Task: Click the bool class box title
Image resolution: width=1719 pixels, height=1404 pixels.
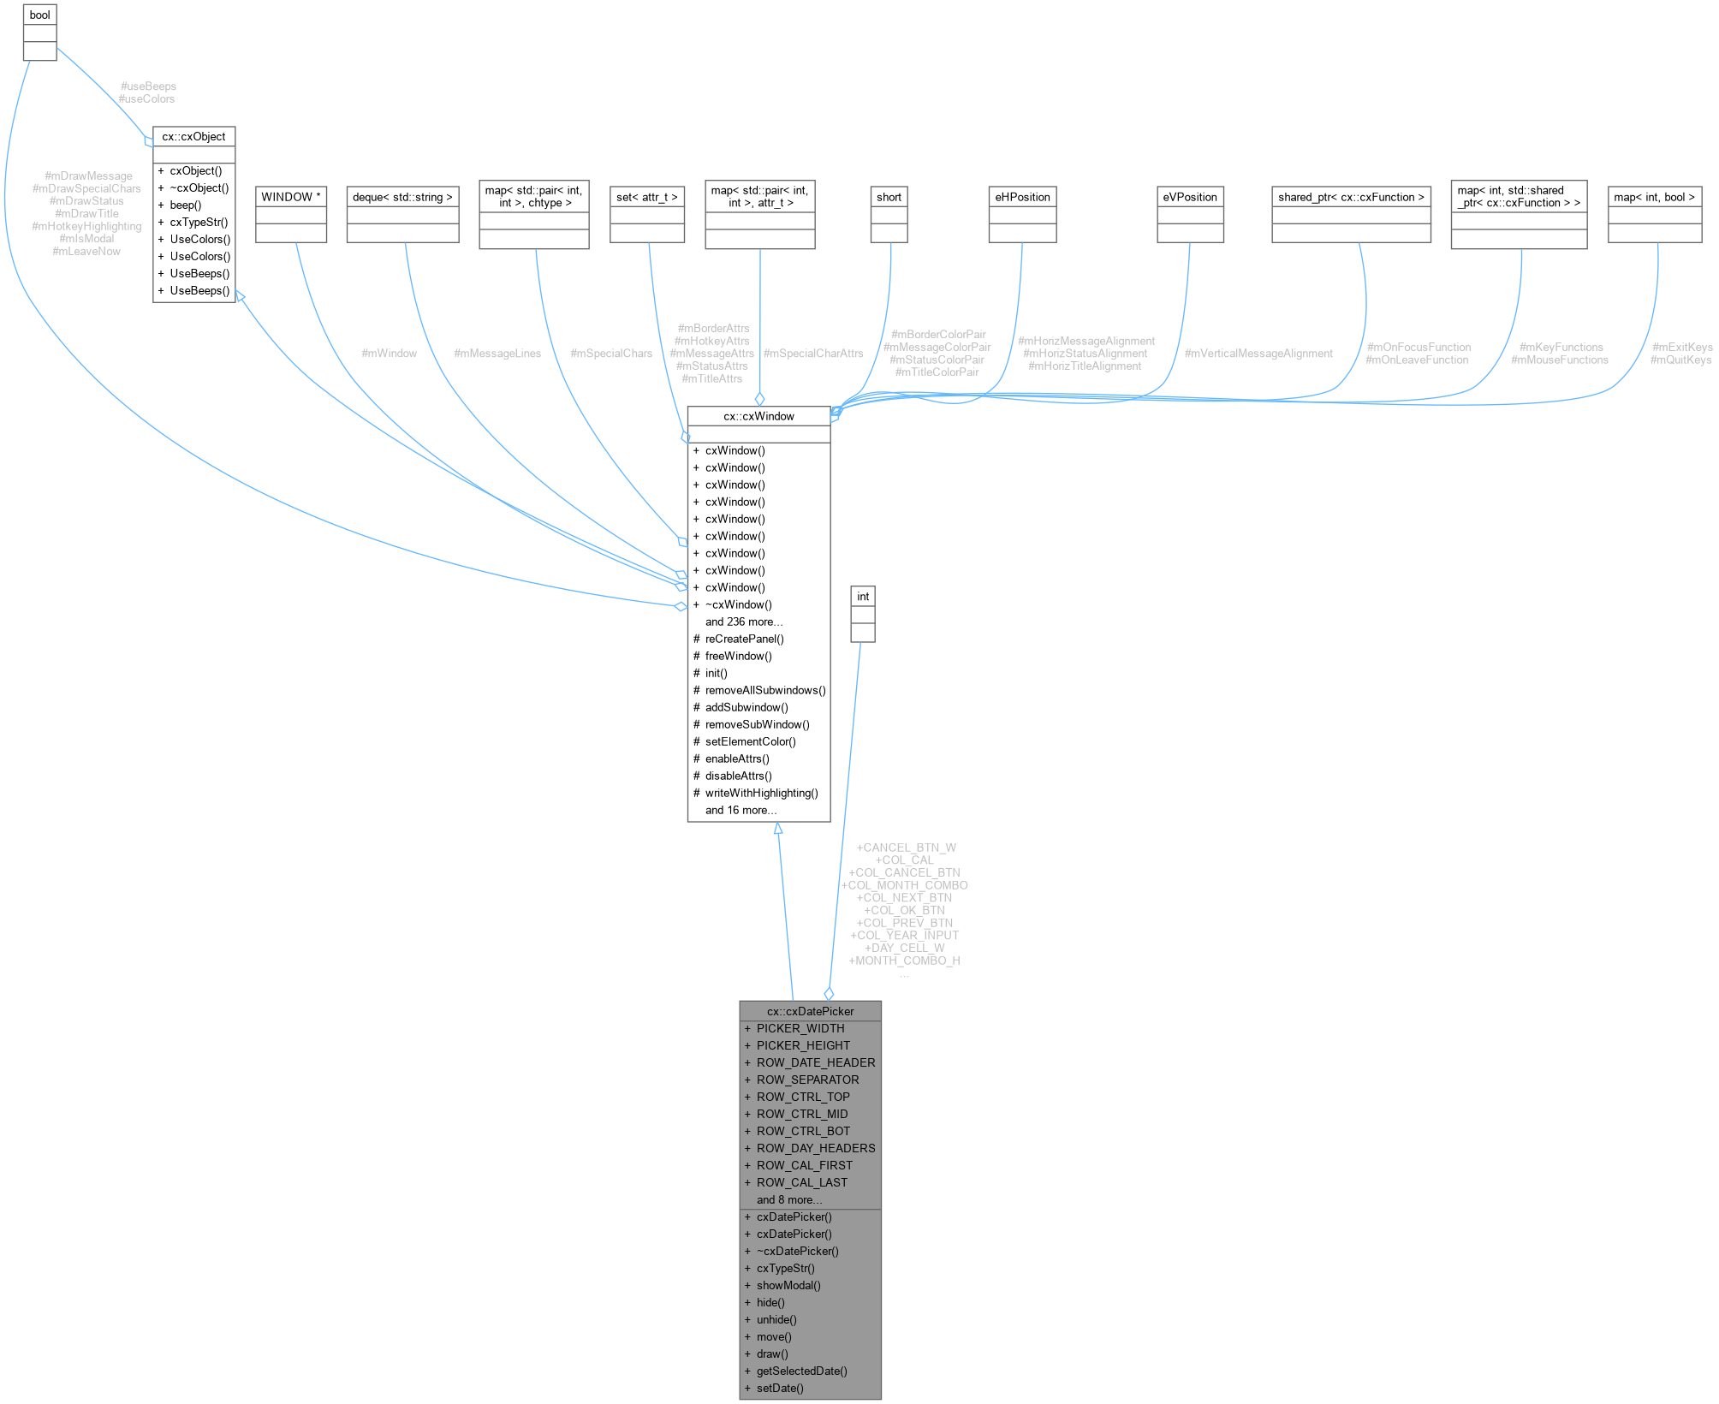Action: (39, 15)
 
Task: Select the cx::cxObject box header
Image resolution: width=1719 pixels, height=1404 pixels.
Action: (193, 136)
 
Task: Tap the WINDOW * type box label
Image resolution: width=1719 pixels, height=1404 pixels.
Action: (291, 197)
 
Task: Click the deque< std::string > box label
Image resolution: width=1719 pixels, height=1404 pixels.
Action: (402, 197)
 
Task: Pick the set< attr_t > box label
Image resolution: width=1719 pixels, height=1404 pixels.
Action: (647, 197)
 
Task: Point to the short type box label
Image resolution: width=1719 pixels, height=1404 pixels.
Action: (889, 197)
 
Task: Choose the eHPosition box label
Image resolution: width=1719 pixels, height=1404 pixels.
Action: (1022, 197)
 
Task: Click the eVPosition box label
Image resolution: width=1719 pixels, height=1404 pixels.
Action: (1190, 197)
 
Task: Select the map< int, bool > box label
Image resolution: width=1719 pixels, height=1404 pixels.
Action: (1654, 197)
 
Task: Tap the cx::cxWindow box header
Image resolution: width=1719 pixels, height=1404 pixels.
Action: (758, 416)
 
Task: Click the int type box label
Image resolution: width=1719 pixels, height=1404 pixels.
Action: (863, 597)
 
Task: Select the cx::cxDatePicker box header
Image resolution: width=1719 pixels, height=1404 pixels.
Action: (810, 1011)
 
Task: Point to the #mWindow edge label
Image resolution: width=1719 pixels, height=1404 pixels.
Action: (389, 353)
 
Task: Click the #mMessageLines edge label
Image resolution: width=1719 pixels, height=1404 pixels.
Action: (497, 353)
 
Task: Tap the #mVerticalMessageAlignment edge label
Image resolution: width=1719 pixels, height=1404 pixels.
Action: (1258, 353)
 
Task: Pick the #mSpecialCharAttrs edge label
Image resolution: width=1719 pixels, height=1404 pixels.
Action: (812, 353)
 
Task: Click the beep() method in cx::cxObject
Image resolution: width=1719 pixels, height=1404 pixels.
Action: (186, 205)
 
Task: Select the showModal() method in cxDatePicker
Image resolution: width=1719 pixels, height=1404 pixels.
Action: (788, 1285)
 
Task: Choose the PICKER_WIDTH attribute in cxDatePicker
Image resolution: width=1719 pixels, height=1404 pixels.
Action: (800, 1028)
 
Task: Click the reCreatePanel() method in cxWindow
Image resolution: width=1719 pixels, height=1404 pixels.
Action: (744, 639)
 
